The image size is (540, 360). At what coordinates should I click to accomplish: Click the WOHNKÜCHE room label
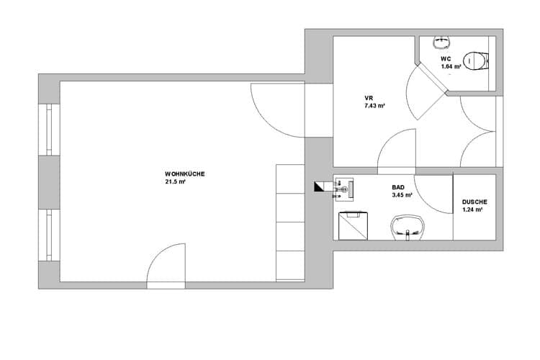pyautogui.click(x=184, y=174)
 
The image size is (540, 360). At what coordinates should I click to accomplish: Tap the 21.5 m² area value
pyautogui.click(x=175, y=182)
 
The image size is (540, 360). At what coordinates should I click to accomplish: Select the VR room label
pyautogui.click(x=369, y=98)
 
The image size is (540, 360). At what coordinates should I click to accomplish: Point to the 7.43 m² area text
pyautogui.click(x=374, y=106)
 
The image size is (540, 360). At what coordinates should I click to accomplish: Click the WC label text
pyautogui.click(x=446, y=59)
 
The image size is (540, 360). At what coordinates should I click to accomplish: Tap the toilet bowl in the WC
pyautogui.click(x=475, y=61)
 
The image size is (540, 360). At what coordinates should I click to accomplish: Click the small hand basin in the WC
pyautogui.click(x=441, y=42)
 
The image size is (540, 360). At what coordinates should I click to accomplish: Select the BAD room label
pyautogui.click(x=398, y=187)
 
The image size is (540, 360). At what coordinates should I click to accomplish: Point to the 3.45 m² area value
pyautogui.click(x=402, y=195)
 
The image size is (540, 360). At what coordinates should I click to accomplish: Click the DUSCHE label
pyautogui.click(x=474, y=202)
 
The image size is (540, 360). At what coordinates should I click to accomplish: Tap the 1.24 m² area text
pyautogui.click(x=472, y=210)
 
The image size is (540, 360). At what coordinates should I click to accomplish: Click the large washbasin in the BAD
pyautogui.click(x=408, y=228)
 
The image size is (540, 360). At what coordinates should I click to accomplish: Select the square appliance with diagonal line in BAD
pyautogui.click(x=353, y=225)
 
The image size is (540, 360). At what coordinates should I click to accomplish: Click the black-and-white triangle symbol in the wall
pyautogui.click(x=319, y=186)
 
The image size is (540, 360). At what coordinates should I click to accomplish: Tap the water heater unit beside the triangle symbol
pyautogui.click(x=344, y=189)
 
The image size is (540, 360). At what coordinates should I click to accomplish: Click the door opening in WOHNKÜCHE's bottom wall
pyautogui.click(x=166, y=285)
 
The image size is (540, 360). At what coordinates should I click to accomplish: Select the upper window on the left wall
pyautogui.click(x=49, y=130)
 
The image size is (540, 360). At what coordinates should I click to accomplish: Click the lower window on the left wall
pyautogui.click(x=49, y=235)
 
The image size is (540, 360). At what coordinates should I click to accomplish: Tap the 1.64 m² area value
pyautogui.click(x=451, y=66)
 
